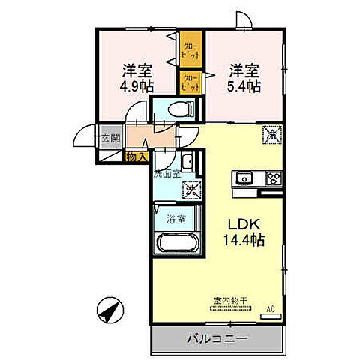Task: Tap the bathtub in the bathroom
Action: [x=177, y=246]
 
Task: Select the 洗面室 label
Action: [x=166, y=174]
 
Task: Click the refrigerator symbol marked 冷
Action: [x=270, y=136]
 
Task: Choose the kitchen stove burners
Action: [x=271, y=178]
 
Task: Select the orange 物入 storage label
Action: [x=135, y=157]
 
